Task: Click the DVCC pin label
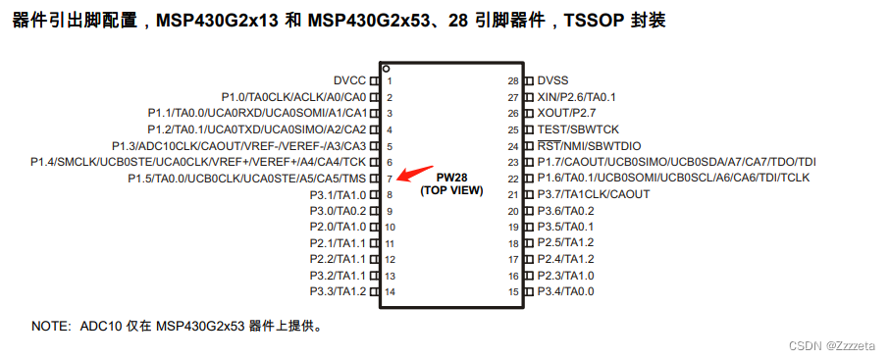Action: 350,80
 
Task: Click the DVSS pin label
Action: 552,80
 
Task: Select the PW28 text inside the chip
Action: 451,178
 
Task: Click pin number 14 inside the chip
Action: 391,291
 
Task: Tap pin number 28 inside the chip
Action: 512,80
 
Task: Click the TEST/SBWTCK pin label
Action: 578,129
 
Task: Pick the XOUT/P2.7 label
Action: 566,113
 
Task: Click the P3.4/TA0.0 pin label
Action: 565,291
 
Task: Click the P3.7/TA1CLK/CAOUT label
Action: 593,194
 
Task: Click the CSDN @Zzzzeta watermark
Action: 837,345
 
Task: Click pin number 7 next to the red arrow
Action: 390,179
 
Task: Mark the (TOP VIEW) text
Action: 451,190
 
